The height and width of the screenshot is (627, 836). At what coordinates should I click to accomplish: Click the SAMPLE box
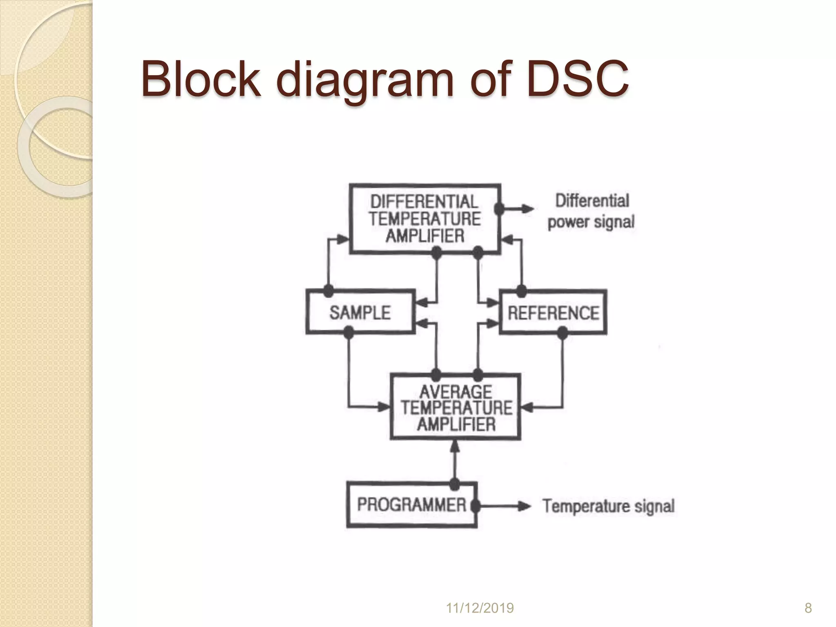(360, 312)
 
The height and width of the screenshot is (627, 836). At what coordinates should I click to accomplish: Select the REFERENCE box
(553, 313)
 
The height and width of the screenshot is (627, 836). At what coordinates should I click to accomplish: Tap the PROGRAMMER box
(411, 505)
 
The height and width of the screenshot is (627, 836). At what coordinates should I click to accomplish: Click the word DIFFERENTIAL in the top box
(424, 202)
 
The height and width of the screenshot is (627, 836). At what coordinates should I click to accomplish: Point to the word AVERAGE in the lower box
(456, 392)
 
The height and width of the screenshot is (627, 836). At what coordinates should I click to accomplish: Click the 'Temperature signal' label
(608, 506)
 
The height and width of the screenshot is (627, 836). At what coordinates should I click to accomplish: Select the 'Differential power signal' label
(591, 211)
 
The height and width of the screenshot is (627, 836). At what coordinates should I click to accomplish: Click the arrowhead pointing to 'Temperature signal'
(525, 507)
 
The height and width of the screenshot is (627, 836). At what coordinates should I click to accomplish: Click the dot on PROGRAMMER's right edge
(475, 506)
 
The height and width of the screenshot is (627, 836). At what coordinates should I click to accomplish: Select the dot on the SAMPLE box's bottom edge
(348, 332)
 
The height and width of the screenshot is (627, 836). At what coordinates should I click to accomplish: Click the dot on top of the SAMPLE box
(328, 291)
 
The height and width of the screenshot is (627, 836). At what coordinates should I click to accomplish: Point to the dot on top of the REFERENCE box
(521, 291)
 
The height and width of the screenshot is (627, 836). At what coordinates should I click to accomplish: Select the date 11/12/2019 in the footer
(480, 608)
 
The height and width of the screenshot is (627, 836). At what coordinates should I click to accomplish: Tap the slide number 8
(808, 608)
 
